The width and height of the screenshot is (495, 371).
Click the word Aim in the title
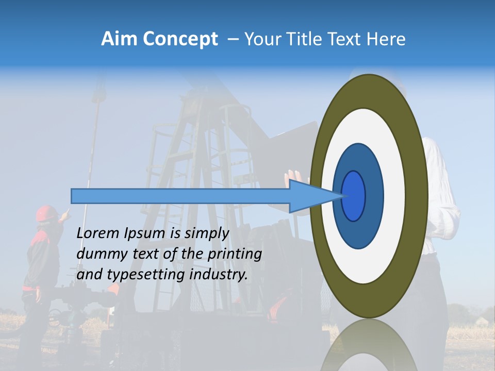(x=120, y=39)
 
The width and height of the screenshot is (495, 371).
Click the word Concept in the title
(x=180, y=39)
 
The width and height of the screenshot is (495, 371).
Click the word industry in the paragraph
(x=219, y=275)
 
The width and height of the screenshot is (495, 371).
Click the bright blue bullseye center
(x=354, y=196)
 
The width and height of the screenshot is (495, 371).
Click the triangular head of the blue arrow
(x=309, y=196)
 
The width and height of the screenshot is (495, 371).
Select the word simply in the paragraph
(x=206, y=233)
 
